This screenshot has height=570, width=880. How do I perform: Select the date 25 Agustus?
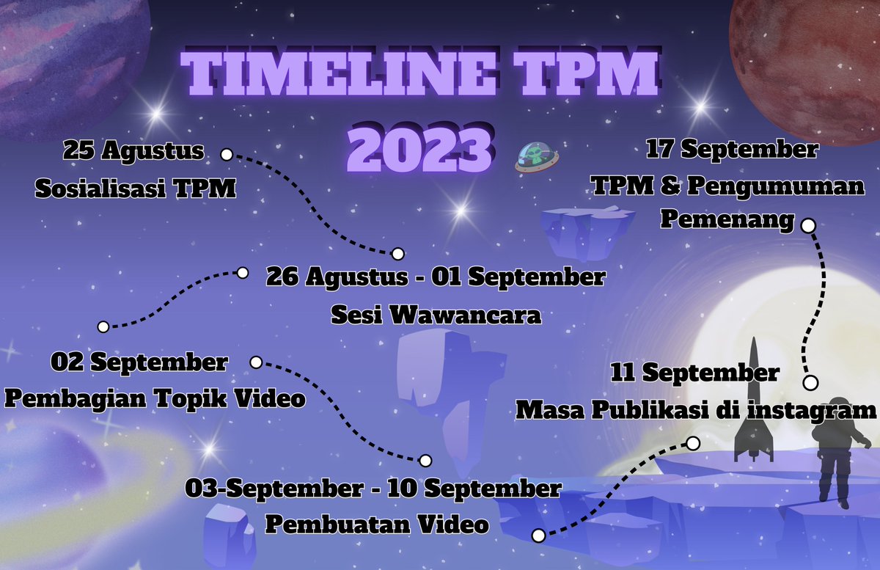133,152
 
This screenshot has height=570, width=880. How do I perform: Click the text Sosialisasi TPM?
136,189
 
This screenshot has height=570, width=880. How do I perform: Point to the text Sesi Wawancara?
436,315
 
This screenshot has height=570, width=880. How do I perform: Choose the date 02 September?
139,362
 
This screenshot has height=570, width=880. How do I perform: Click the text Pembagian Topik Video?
155,400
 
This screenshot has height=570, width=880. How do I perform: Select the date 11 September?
694,373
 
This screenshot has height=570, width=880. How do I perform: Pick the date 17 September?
731,150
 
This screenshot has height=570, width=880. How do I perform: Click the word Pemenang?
726,219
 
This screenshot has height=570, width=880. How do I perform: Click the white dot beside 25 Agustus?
227,155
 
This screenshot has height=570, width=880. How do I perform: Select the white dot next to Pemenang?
808,225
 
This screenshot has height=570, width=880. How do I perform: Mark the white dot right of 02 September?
256,362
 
